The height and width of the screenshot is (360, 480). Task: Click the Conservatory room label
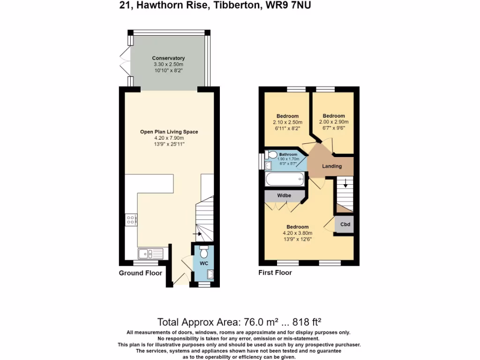tap(168, 58)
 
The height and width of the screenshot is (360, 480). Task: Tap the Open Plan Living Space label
tap(169, 132)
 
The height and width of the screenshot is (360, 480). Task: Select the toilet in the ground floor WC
tap(203, 253)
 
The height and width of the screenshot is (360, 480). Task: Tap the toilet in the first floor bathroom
tap(271, 154)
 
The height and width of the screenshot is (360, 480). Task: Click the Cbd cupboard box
tap(345, 225)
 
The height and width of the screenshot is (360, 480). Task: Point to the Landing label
tap(331, 166)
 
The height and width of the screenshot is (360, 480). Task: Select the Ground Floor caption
tap(140, 273)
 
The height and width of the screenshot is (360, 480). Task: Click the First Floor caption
tap(275, 273)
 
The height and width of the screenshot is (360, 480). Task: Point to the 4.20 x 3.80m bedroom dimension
tap(298, 233)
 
